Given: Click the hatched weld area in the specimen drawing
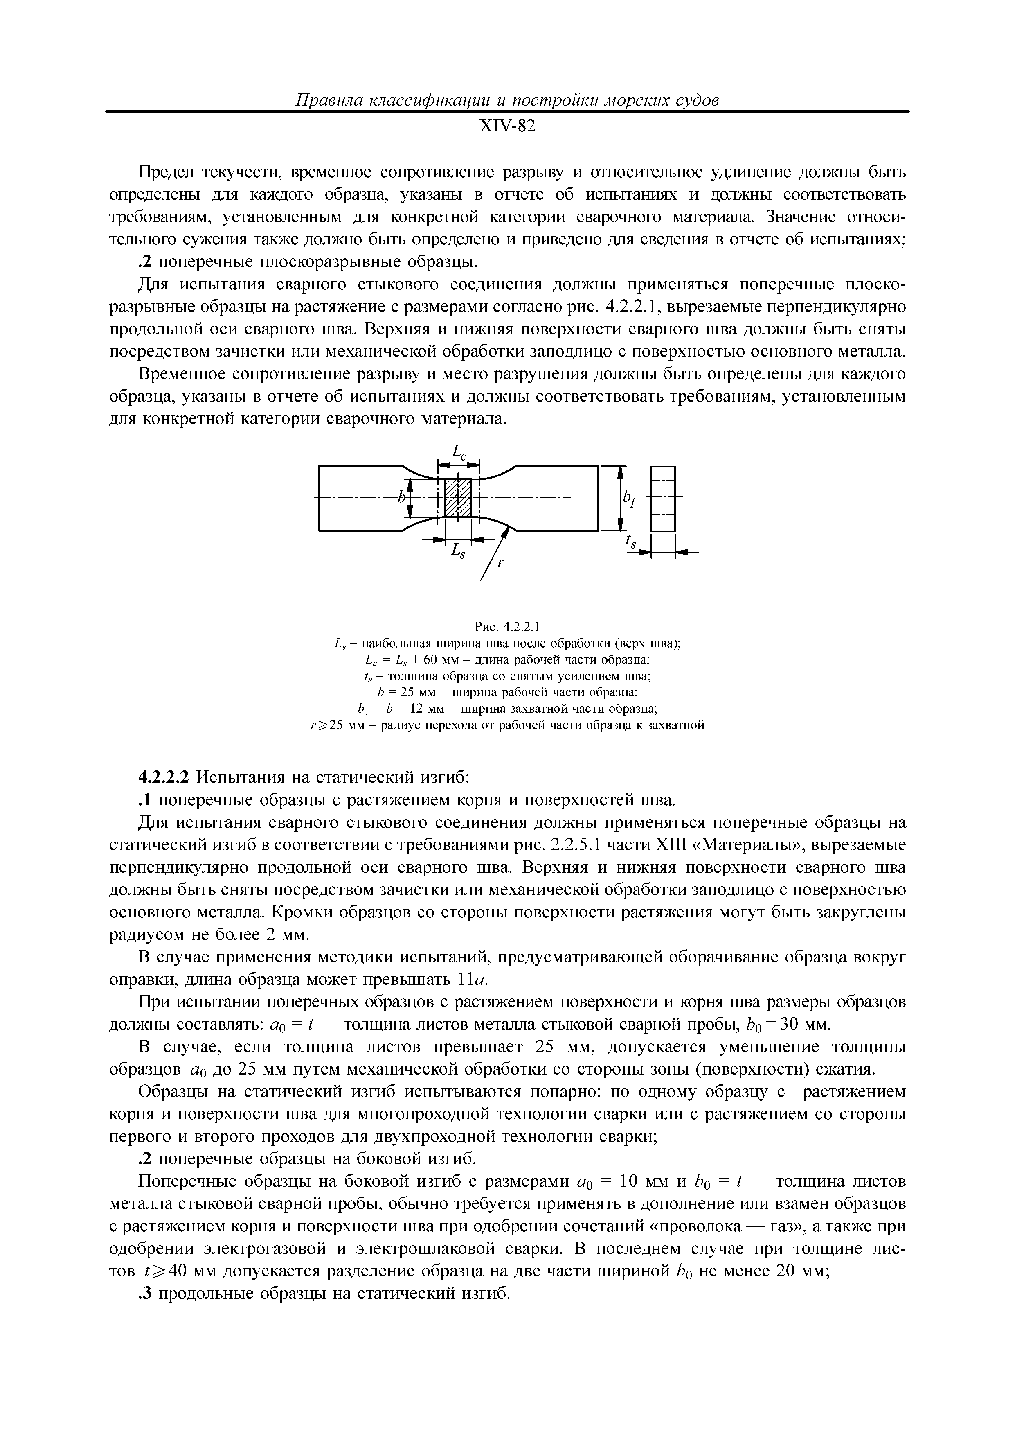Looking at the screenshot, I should [457, 497].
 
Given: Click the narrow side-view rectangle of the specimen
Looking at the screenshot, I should [662, 499].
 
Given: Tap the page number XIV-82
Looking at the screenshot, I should [507, 126].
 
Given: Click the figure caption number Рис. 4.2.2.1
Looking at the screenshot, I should [507, 626].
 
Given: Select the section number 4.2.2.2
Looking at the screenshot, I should [163, 777].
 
